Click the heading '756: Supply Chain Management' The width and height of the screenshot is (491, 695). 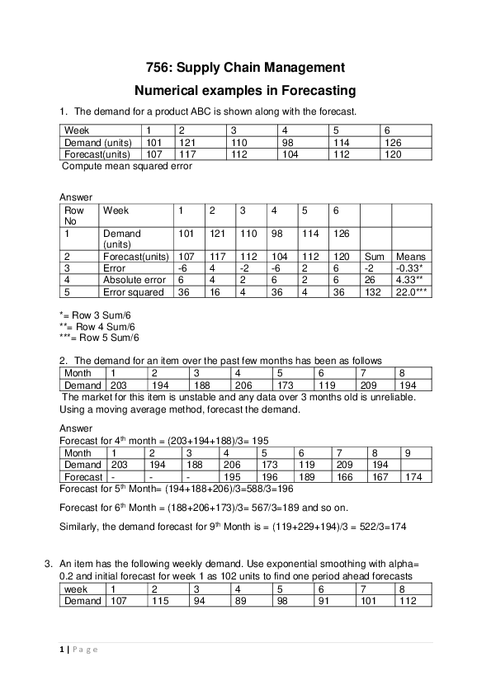pyautogui.click(x=244, y=67)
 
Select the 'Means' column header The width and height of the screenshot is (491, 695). pyautogui.click(x=410, y=257)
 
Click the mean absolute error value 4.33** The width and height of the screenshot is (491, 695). pyautogui.click(x=409, y=280)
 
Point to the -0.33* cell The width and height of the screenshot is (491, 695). pyautogui.click(x=409, y=268)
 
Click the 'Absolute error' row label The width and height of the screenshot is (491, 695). pyautogui.click(x=133, y=280)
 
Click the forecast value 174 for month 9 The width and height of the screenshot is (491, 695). pyautogui.click(x=414, y=476)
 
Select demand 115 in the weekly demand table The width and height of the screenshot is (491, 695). pyautogui.click(x=159, y=601)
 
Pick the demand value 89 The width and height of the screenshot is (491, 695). pyautogui.click(x=243, y=601)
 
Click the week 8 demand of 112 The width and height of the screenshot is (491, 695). pyautogui.click(x=408, y=601)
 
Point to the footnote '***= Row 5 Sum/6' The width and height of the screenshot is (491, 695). pyautogui.click(x=100, y=337)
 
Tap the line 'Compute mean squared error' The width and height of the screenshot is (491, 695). pyautogui.click(x=127, y=166)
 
